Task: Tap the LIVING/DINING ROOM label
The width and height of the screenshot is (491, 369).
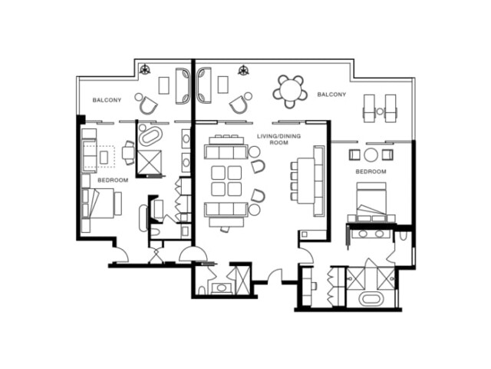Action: (x=278, y=139)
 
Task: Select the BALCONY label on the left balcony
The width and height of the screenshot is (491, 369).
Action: (x=107, y=100)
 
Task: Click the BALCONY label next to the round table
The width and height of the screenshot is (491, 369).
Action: (x=331, y=94)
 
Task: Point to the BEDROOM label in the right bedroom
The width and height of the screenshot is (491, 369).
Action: (x=371, y=171)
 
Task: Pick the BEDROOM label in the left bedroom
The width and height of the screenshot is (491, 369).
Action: (x=113, y=180)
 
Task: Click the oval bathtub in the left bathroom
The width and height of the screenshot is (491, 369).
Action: (x=150, y=136)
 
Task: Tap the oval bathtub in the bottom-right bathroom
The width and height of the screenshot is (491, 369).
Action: (x=371, y=299)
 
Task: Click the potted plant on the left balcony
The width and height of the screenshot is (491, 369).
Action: (x=145, y=69)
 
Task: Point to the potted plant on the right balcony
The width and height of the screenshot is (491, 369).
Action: (x=243, y=70)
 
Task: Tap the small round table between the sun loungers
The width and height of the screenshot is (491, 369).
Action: (x=380, y=111)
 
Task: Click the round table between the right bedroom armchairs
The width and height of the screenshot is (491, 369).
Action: (x=371, y=155)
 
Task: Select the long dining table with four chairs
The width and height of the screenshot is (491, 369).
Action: (x=306, y=181)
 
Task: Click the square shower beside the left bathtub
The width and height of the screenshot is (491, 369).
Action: (x=150, y=161)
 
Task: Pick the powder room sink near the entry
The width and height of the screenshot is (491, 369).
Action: (x=222, y=288)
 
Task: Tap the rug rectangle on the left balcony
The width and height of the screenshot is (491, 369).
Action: (x=163, y=85)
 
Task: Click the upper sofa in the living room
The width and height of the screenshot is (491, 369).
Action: (x=226, y=151)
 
